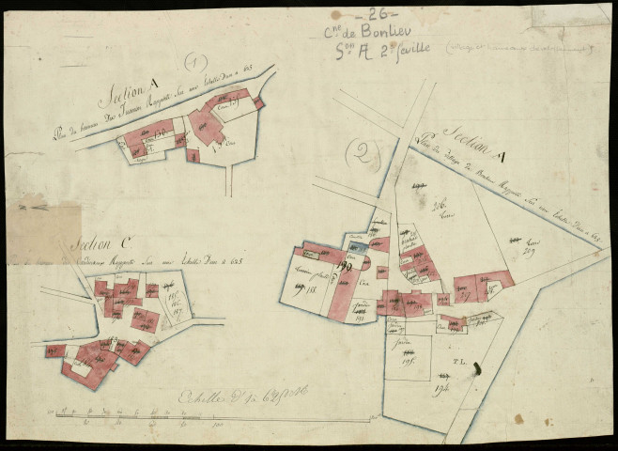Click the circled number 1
tap(194, 65)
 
